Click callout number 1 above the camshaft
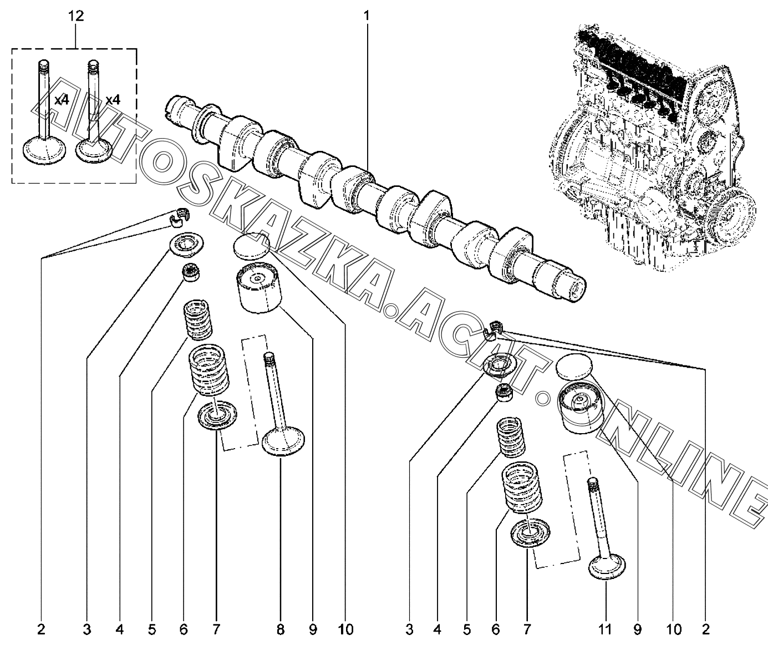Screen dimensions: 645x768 pos(366,16)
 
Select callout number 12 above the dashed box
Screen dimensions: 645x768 pos(76,16)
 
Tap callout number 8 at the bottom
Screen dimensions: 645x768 pos(281,629)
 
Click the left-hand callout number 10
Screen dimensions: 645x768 pos(345,629)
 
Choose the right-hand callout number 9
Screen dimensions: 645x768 pos(637,629)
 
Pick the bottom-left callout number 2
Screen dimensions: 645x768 pos(41,629)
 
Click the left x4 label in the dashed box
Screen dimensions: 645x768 pos(61,100)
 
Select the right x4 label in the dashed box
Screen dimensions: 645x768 pos(113,100)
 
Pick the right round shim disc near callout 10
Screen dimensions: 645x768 pos(574,367)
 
